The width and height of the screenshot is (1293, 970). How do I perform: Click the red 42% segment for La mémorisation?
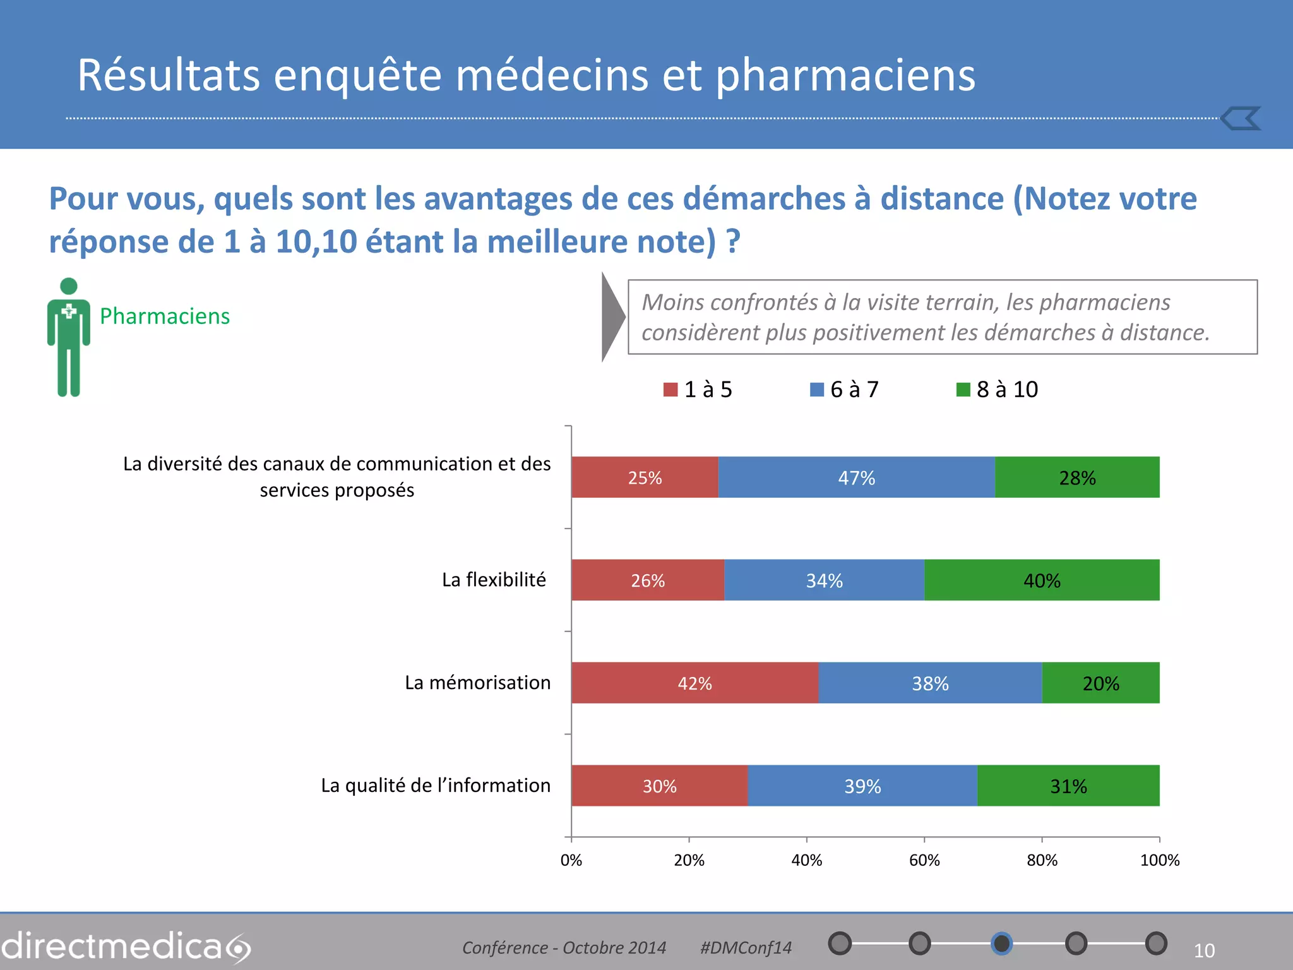pos(694,683)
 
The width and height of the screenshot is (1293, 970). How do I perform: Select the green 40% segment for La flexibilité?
pos(1042,580)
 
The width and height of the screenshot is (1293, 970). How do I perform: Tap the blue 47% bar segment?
pos(856,477)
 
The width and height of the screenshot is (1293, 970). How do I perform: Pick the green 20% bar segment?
pos(1100,683)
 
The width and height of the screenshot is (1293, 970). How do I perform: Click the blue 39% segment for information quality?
pos(862,786)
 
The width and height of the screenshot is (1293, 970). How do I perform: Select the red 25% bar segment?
pos(645,477)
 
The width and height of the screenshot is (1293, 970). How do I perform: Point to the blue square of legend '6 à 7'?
pos(817,390)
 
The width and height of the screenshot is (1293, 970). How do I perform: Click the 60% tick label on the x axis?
pos(924,860)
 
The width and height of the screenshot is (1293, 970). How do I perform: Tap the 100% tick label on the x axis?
pos(1159,860)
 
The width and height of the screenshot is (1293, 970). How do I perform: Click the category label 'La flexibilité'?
pos(494,580)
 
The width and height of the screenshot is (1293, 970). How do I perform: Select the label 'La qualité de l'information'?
pos(436,786)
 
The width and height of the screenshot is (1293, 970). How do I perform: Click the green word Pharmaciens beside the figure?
pos(165,316)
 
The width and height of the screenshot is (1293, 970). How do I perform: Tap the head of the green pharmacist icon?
pos(69,286)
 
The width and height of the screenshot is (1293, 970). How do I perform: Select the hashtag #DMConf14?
pos(746,948)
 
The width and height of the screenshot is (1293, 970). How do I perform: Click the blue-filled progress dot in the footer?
pos(1001,943)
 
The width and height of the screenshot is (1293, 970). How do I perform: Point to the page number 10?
pos(1204,950)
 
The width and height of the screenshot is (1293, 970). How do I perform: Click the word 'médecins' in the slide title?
pos(552,75)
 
